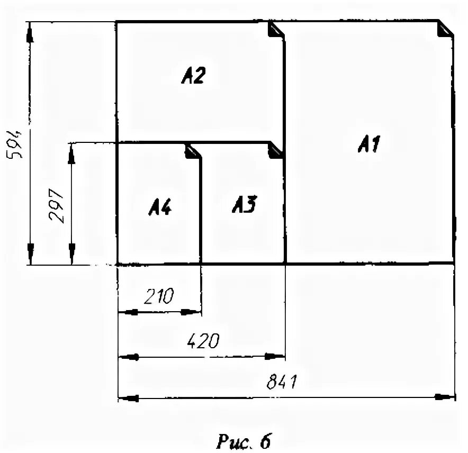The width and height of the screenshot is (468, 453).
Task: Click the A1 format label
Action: [x=369, y=143]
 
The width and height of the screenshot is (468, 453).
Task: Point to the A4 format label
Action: [x=159, y=207]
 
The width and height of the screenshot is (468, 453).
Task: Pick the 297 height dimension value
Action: [x=56, y=206]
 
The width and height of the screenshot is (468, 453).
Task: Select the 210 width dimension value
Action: [x=157, y=295]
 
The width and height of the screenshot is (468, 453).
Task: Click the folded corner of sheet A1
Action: [x=446, y=29]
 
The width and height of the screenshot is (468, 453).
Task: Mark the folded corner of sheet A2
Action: [x=276, y=30]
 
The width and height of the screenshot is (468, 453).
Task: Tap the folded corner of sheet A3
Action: [x=276, y=150]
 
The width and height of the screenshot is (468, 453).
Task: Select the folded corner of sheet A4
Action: [x=192, y=151]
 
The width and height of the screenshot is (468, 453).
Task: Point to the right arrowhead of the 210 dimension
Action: [x=190, y=312]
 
